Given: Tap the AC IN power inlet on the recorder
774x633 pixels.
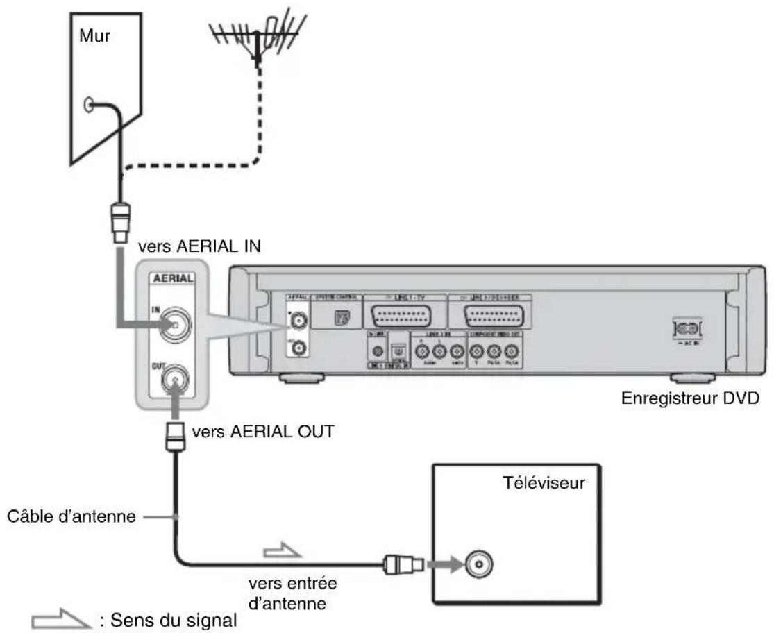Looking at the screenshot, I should pyautogui.click(x=684, y=328).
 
